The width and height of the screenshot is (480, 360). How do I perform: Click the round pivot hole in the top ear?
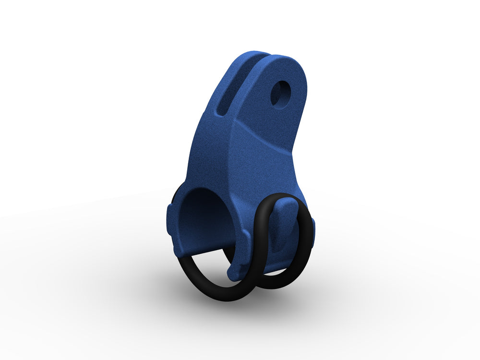281,93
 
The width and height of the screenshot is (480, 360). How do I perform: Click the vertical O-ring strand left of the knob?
262,235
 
